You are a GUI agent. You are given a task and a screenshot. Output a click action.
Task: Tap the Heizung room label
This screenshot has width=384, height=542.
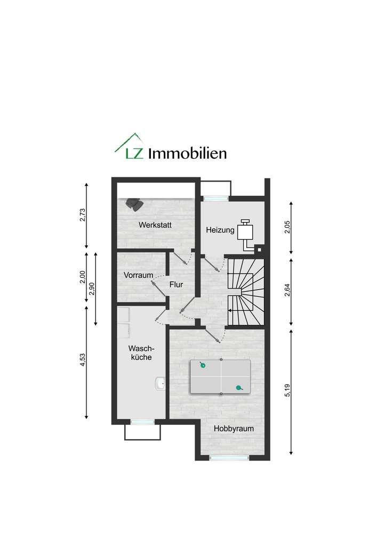click(x=220, y=230)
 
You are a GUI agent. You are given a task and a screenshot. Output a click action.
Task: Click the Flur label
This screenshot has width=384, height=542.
click(x=176, y=285)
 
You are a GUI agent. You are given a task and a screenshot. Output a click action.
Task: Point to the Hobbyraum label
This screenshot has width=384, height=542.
click(x=233, y=428)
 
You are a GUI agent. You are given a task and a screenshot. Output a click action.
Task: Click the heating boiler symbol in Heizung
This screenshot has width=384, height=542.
click(x=246, y=232)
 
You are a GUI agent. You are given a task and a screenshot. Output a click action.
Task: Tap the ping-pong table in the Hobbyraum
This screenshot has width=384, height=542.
click(x=221, y=377)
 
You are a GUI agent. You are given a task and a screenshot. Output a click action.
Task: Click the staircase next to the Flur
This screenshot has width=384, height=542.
click(x=246, y=292)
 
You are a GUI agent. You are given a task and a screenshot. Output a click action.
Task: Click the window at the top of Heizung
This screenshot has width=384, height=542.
click(x=215, y=199)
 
